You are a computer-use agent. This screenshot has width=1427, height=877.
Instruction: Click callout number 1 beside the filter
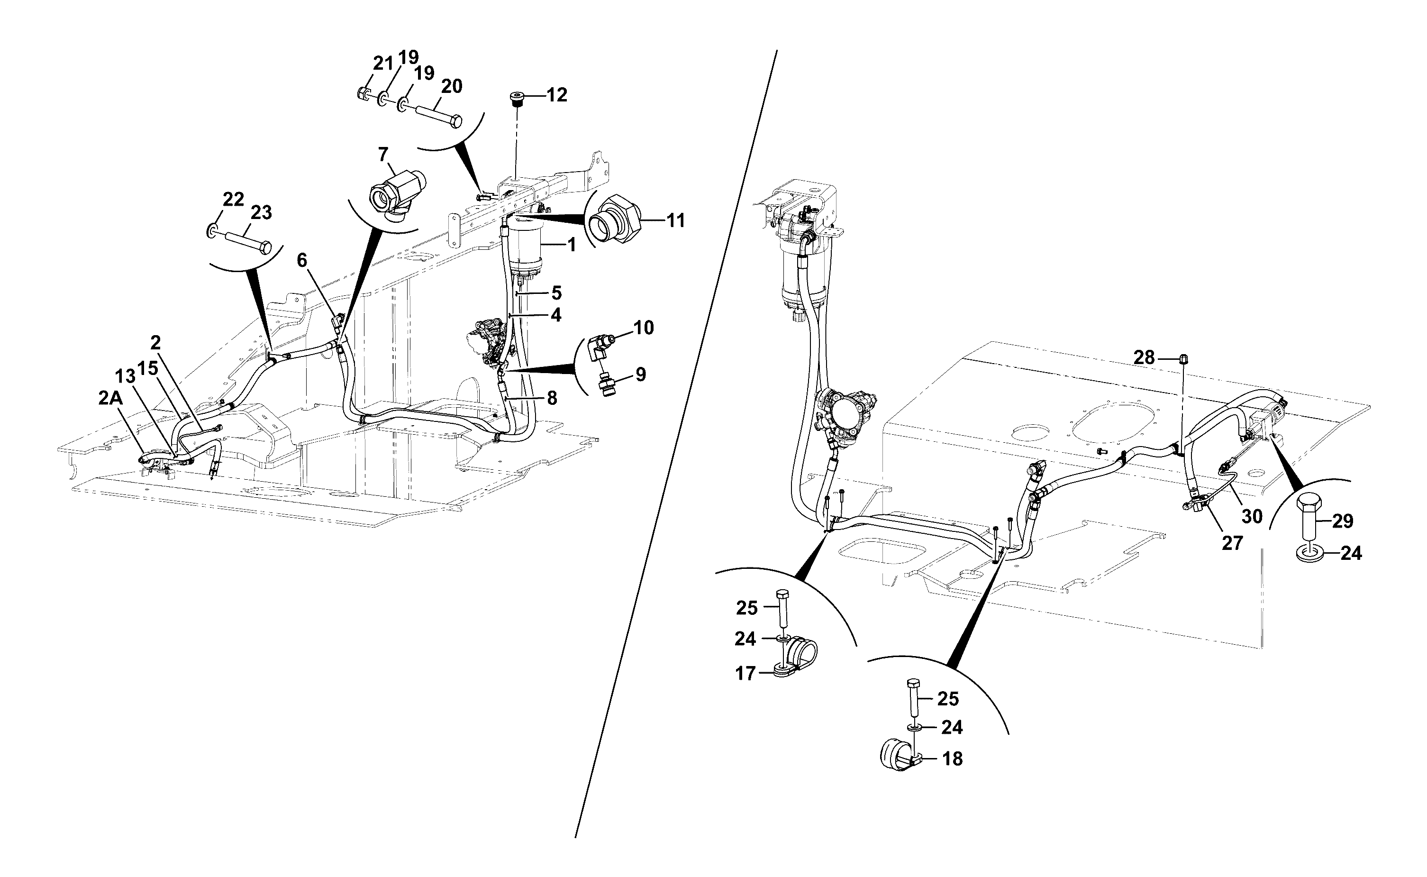click(572, 245)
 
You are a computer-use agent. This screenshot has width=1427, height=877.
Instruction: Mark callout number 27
click(1232, 543)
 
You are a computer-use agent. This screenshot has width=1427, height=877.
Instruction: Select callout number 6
click(302, 260)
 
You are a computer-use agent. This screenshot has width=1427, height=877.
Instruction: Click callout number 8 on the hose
click(552, 397)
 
